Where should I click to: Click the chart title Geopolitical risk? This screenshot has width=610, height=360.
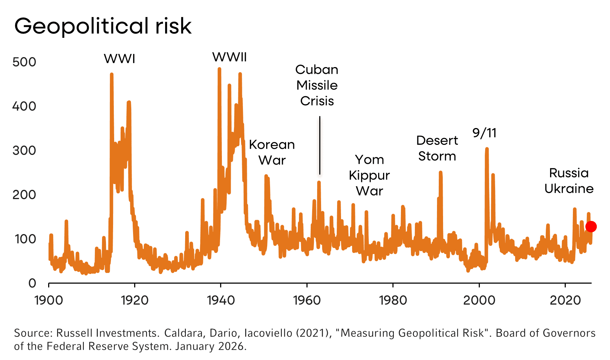click(x=103, y=26)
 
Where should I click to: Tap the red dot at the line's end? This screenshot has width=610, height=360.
click(x=591, y=227)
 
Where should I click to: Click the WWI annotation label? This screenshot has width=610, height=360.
click(x=120, y=59)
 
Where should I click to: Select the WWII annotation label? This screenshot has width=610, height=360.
click(x=229, y=57)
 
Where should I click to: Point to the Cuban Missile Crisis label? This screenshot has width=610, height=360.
click(x=317, y=85)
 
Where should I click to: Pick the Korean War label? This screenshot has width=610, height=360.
click(x=272, y=152)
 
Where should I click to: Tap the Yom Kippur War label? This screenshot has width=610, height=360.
click(x=369, y=175)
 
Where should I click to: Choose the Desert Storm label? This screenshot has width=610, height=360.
click(x=437, y=148)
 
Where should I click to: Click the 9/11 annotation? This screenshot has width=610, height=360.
click(x=484, y=133)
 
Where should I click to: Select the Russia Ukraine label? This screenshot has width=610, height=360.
click(x=569, y=181)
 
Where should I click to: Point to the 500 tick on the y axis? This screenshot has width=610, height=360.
click(x=24, y=62)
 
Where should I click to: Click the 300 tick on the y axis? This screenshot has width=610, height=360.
click(x=24, y=151)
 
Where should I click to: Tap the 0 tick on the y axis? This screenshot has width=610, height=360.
click(x=32, y=283)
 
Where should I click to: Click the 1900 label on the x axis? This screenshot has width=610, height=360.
click(x=49, y=300)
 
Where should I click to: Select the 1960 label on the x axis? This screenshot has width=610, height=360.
click(x=307, y=300)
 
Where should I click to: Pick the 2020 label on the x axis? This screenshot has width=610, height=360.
click(x=565, y=300)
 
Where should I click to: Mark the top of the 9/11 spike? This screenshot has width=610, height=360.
click(x=487, y=149)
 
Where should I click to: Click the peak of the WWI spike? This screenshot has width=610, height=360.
click(x=112, y=75)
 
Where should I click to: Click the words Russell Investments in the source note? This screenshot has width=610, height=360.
click(x=107, y=333)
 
